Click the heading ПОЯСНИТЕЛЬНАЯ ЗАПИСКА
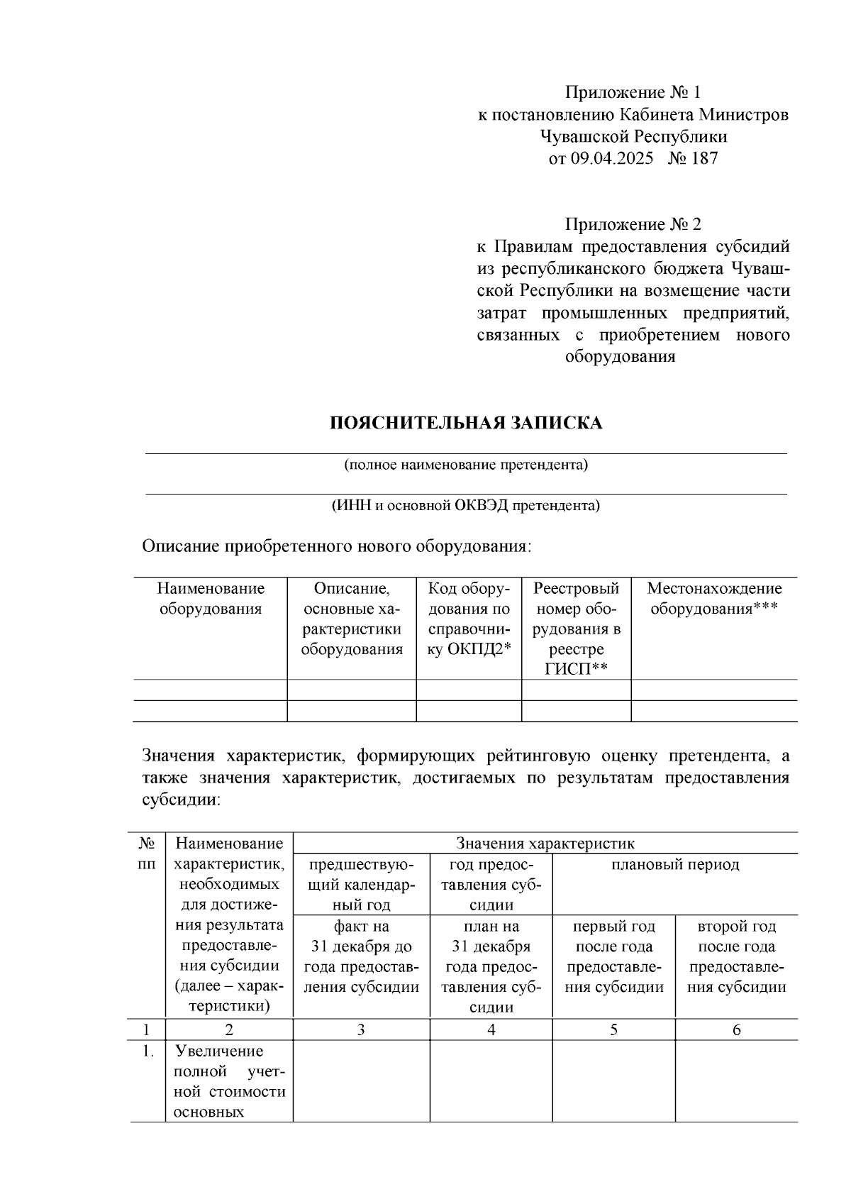[x=466, y=424]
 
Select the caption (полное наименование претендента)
[x=466, y=465]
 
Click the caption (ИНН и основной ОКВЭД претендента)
[x=466, y=506]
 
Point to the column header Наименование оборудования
[x=211, y=599]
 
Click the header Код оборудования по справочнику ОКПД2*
[x=469, y=619]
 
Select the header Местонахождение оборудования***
[x=714, y=599]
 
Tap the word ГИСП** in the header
[x=576, y=669]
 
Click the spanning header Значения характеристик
[x=545, y=844]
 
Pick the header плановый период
[x=674, y=864]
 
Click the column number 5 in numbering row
[x=613, y=1029]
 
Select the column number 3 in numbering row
[x=361, y=1029]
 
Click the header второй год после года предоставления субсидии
[x=736, y=956]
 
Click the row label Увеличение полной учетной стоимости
[x=229, y=1081]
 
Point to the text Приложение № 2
[x=633, y=225]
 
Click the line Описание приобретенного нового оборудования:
[x=336, y=546]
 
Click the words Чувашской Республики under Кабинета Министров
[x=633, y=136]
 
